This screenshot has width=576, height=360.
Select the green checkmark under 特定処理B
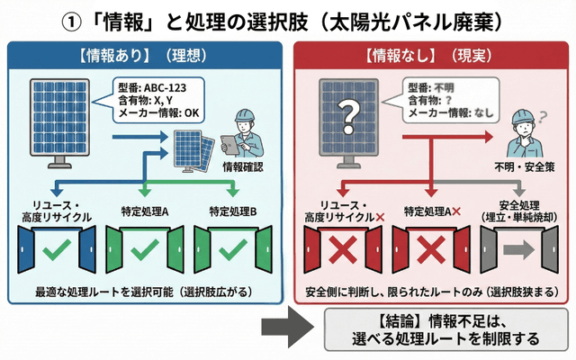233,249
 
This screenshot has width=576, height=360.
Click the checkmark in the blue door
56,249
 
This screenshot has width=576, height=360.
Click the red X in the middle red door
432,250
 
